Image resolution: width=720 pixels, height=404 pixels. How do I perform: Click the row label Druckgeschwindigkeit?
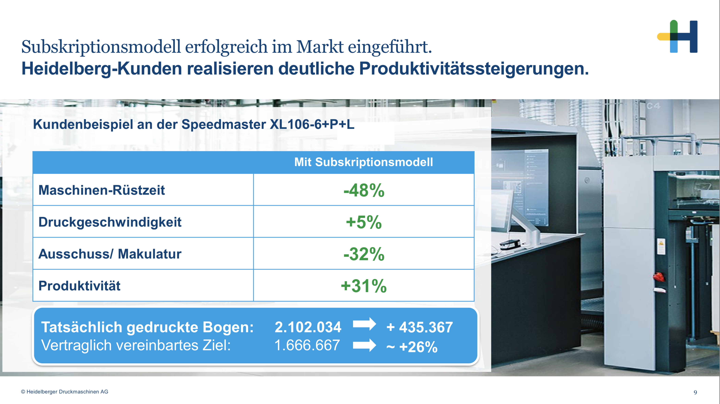(110, 222)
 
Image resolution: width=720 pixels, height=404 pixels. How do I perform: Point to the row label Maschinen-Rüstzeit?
(102, 190)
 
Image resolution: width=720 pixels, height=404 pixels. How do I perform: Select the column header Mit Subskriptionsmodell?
(363, 162)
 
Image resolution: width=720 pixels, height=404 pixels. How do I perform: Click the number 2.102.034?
(308, 327)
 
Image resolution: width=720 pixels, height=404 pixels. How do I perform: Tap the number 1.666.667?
(307, 345)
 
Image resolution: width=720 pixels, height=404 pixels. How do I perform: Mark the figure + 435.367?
(420, 327)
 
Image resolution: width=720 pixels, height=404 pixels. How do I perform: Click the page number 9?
(695, 392)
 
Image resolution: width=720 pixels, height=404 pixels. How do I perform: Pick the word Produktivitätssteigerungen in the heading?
(474, 69)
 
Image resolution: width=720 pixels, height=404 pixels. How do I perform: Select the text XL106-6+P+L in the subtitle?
(312, 124)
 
